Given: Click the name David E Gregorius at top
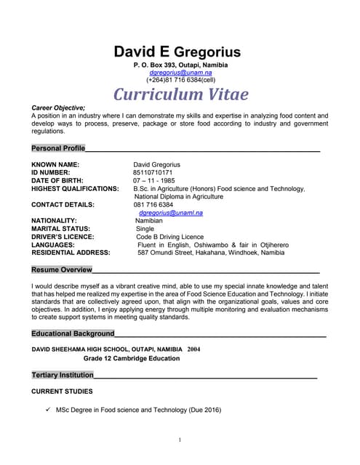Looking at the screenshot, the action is point(177,52).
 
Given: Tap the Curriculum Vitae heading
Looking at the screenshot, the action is point(180,94).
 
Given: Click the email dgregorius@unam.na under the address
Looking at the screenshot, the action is point(180,73).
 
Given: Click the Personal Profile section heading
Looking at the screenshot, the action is point(58,148).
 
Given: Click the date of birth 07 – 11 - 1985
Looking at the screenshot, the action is point(153,181).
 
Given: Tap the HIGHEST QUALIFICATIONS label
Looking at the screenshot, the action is point(75,189).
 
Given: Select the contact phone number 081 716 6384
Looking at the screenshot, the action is point(153,205).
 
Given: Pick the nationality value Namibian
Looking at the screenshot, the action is point(150,221).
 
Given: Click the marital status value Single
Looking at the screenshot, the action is point(145,229).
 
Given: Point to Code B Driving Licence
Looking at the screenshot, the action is point(169,237).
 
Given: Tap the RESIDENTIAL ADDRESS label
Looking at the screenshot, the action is point(71,253).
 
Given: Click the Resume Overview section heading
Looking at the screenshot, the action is point(62,270).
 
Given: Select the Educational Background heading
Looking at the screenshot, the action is point(73,333).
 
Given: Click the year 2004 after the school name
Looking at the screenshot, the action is point(193,349).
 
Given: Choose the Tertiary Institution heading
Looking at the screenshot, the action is point(63,375).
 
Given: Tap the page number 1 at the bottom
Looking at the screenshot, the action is point(180,440).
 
